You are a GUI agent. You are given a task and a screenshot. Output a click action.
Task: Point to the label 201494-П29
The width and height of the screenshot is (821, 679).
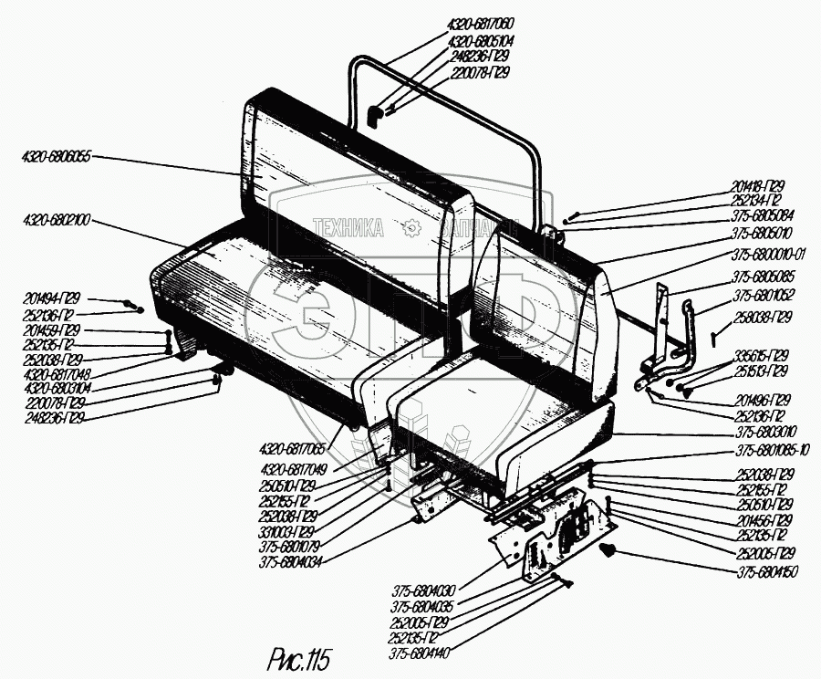click(x=53, y=298)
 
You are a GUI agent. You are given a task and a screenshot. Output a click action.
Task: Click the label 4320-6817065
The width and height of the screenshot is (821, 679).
click(x=294, y=450)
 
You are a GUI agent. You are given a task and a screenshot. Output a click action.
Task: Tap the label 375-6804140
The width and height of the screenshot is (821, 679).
click(x=422, y=653)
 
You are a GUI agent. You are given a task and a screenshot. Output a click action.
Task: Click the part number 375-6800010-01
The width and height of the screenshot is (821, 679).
click(x=772, y=256)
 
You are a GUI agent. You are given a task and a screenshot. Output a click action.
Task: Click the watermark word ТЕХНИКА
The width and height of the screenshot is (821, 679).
click(x=348, y=227)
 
